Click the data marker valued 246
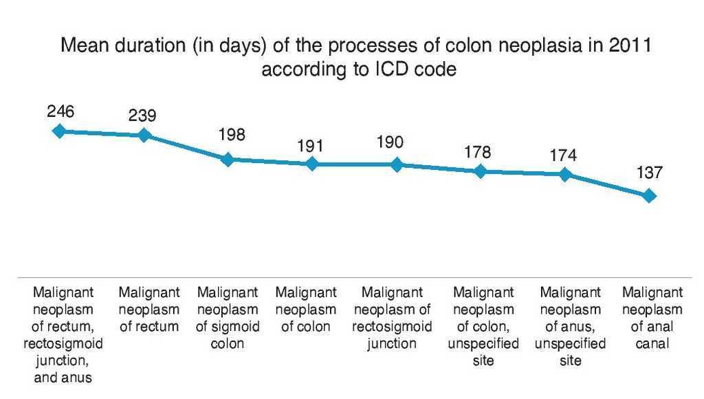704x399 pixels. (x=60, y=131)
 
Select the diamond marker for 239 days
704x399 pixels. (x=144, y=135)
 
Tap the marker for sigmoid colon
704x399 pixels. (x=228, y=160)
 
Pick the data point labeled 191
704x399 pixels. (x=312, y=164)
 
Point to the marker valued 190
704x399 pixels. (x=397, y=164)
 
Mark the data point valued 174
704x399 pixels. (x=565, y=174)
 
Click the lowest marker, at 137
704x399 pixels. (x=649, y=196)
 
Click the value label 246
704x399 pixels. (x=60, y=111)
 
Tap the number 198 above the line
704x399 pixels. (x=232, y=135)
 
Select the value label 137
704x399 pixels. (x=649, y=173)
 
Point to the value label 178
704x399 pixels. (x=477, y=151)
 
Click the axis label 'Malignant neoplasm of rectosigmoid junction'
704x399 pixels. (x=392, y=318)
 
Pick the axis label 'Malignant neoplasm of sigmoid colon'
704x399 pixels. (x=228, y=318)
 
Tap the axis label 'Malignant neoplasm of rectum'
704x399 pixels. (x=149, y=310)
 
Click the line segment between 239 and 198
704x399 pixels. (x=186, y=147)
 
